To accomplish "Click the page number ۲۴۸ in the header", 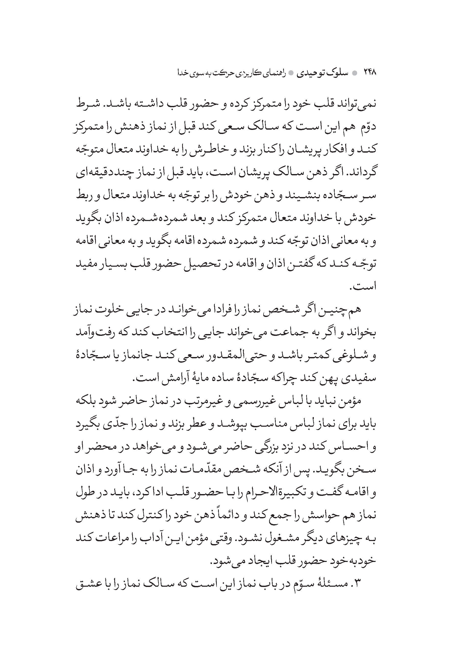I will click(370, 73).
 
